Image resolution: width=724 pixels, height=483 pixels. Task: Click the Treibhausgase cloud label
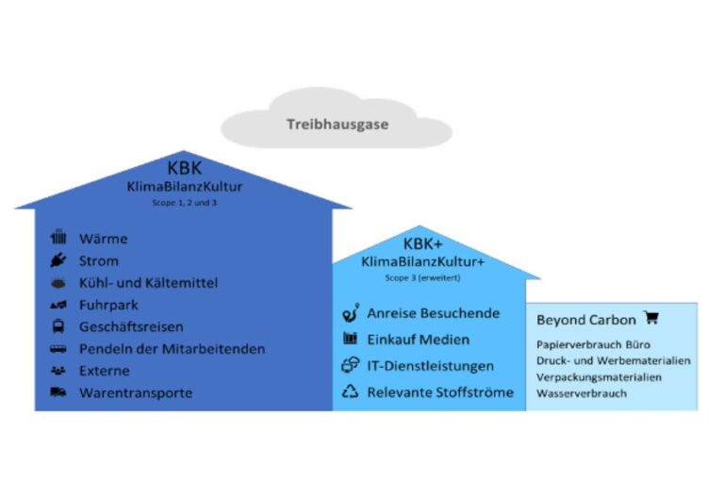point(337,124)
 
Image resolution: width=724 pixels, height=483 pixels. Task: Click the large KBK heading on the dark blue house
point(184,168)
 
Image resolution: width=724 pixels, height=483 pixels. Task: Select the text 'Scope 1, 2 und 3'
point(184,203)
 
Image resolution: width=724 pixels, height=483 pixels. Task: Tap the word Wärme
point(103,239)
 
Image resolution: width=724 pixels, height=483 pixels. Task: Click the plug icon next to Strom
point(58,260)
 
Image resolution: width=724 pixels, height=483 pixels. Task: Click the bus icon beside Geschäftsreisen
point(58,326)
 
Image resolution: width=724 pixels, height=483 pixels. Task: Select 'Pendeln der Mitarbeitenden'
point(172,349)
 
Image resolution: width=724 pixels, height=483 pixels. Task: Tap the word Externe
point(105,371)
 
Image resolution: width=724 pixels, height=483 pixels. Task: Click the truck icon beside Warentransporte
point(58,392)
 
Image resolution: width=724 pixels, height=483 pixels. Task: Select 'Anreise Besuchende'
point(434,313)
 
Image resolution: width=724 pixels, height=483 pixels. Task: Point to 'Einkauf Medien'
point(418,340)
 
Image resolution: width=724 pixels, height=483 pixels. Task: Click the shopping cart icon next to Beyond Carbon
point(650,319)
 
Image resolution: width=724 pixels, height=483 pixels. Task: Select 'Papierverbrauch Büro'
point(593,345)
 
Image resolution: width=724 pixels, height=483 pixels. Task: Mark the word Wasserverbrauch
point(582,393)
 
